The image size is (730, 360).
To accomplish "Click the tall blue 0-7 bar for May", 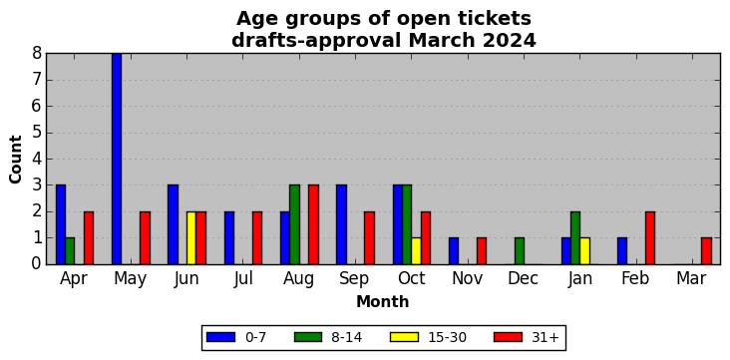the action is click(117, 159).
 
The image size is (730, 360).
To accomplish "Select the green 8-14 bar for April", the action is click(70, 251).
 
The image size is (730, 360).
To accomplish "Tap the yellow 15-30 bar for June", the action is click(191, 238).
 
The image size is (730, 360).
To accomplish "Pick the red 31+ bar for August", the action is click(313, 225).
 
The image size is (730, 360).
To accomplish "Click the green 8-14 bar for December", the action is click(520, 251).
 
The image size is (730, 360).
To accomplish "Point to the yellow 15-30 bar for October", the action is click(416, 251).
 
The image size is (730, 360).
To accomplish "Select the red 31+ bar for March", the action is click(706, 251).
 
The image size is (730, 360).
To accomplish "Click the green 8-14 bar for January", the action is click(575, 238).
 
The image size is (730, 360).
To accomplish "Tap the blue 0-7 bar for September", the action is click(341, 225).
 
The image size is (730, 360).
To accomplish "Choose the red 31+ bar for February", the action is click(650, 238).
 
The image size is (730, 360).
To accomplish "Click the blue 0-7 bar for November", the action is click(454, 251).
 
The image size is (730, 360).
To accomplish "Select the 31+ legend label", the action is click(545, 338).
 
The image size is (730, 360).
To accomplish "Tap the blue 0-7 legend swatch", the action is click(219, 337).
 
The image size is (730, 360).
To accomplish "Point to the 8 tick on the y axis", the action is click(47, 53).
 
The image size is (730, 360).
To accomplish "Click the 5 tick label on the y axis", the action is click(37, 133).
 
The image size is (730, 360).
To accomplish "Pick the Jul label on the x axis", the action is click(243, 279).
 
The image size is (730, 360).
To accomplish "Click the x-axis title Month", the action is click(383, 302).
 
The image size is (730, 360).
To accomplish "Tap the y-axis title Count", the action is click(15, 160).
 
